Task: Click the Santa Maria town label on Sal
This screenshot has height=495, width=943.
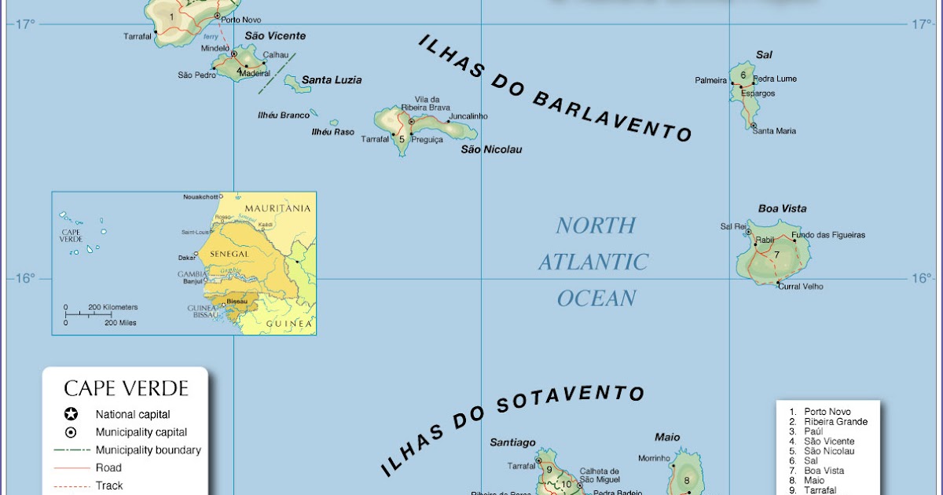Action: (774, 131)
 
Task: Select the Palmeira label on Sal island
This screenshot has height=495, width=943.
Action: (710, 80)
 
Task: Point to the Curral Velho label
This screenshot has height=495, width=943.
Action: (801, 287)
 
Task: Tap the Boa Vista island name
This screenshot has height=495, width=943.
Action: (782, 209)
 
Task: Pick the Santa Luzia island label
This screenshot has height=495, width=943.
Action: (332, 80)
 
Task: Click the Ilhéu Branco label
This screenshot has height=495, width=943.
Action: (284, 115)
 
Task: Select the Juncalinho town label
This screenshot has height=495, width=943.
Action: (468, 116)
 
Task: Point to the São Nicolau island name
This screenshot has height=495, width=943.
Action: (491, 149)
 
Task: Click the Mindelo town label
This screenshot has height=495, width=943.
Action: (215, 48)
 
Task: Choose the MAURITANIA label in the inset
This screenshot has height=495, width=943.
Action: (277, 208)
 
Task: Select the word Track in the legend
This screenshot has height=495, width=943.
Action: (109, 486)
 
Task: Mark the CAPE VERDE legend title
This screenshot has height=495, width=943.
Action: (126, 388)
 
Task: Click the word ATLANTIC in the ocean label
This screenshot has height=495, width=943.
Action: (593, 262)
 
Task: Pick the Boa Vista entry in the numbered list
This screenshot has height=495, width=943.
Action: (824, 471)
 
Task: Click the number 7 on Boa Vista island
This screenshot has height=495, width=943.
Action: (776, 255)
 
